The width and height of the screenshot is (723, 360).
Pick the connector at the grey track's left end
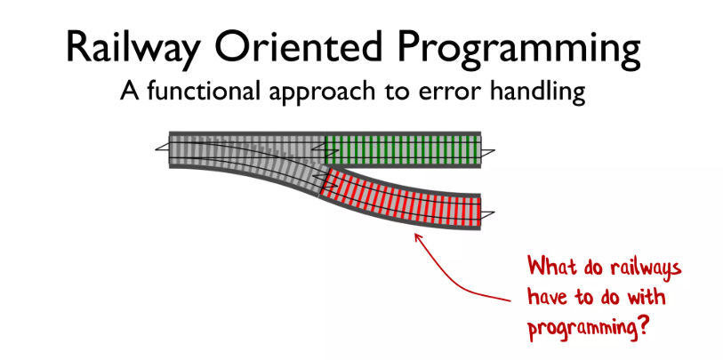coord(162,148)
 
